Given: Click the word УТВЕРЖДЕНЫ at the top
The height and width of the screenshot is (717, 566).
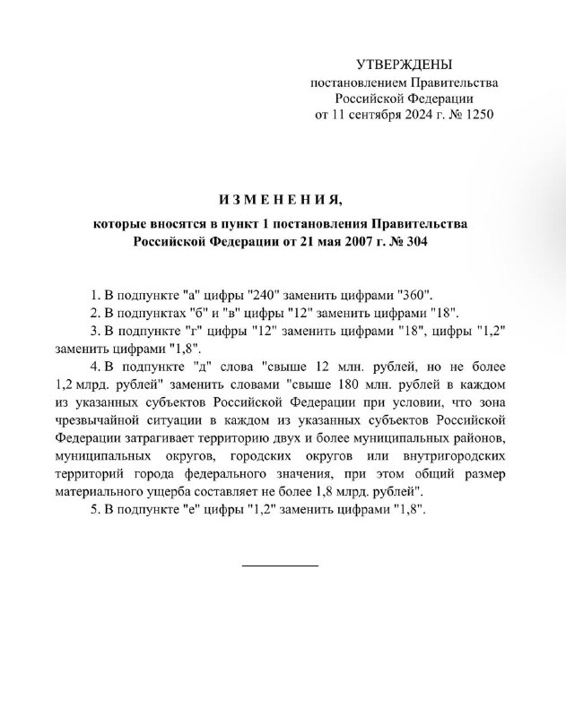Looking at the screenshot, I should pyautogui.click(x=405, y=65).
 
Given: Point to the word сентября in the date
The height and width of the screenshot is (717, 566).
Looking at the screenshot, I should pyautogui.click(x=371, y=115).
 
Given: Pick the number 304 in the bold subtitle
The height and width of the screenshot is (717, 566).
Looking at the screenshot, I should pyautogui.click(x=418, y=241).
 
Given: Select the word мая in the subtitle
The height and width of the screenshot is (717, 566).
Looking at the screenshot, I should pyautogui.click(x=314, y=241).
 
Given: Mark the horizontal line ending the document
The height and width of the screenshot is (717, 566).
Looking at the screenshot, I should pyautogui.click(x=280, y=566).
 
